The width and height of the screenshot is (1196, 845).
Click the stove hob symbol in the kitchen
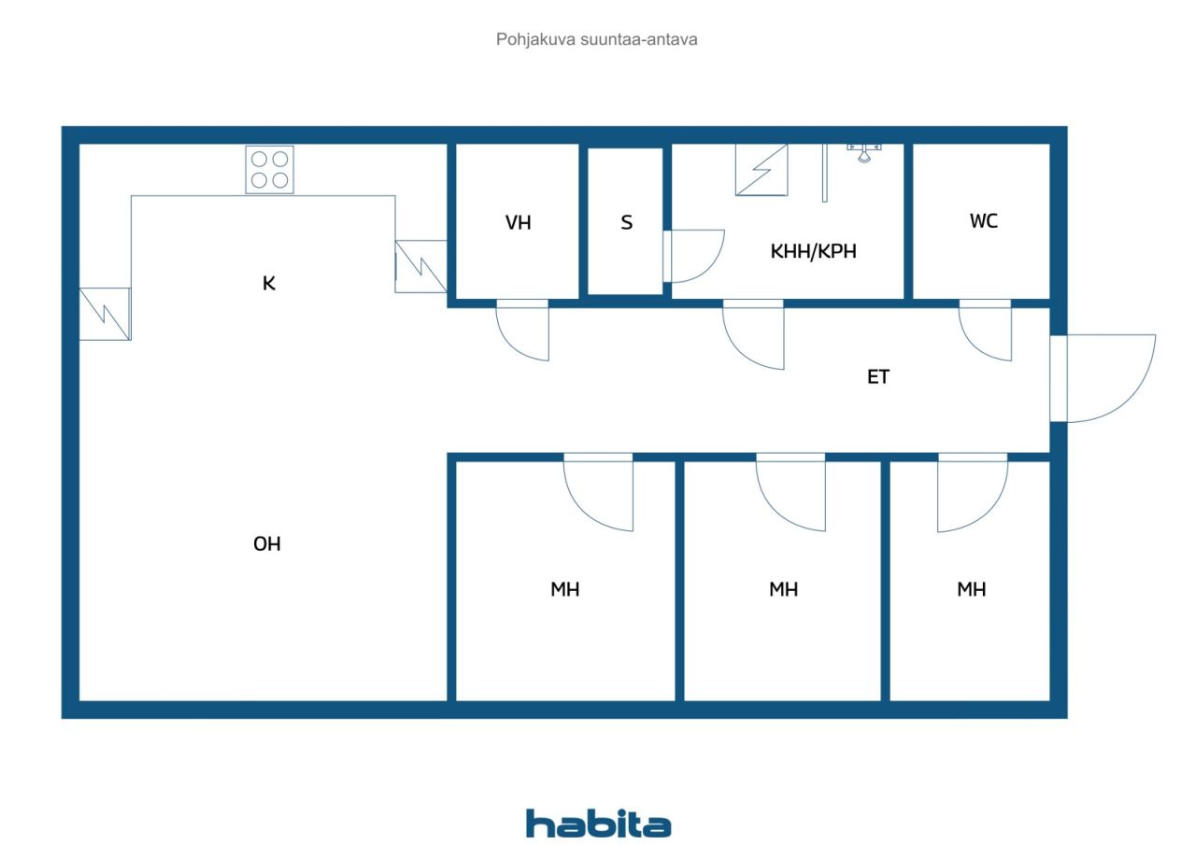coord(270,170)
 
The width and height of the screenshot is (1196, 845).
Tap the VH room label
coord(518,222)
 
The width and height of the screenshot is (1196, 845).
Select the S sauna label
coord(627,222)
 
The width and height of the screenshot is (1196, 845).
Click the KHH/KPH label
coord(813,251)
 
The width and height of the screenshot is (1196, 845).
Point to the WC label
coord(984,221)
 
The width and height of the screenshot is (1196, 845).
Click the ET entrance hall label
coord(878,377)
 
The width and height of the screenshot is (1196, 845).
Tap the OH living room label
coord(267,544)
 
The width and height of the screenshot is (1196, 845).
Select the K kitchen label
coord(269,283)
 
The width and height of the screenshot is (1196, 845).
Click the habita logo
coord(598,824)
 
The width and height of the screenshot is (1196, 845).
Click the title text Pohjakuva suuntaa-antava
coord(596,40)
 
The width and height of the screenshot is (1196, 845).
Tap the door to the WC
coord(985,342)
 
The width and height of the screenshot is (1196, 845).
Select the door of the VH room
coord(522,342)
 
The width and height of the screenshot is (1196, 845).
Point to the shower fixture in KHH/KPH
coord(863,152)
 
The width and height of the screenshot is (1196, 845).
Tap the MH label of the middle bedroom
coord(783,589)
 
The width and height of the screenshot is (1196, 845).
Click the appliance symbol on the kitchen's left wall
coord(106,315)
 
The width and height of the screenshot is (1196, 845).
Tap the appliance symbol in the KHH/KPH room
coord(762,170)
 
